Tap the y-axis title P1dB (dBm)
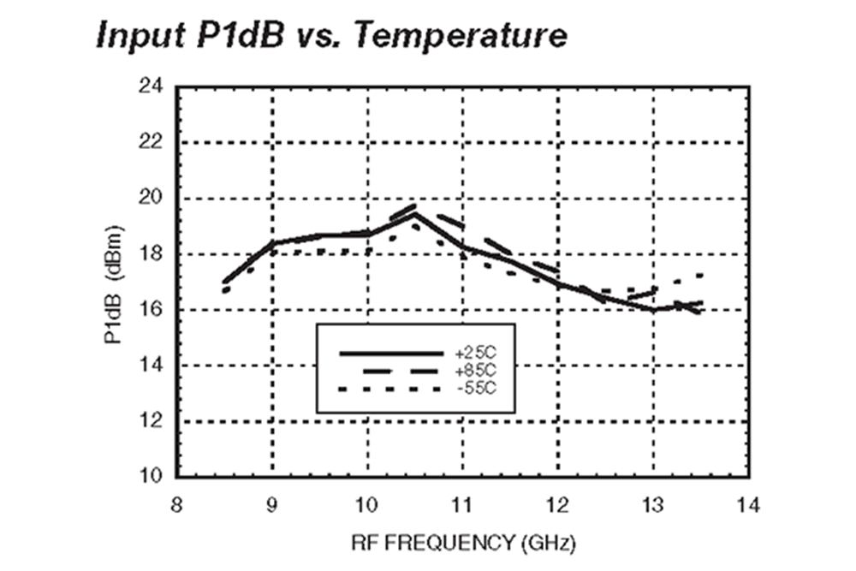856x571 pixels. [114, 283]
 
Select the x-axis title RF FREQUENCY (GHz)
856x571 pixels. [462, 543]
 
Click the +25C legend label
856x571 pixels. [477, 353]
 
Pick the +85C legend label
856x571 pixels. [477, 371]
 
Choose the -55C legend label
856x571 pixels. [477, 390]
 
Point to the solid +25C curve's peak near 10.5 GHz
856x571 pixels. [415, 215]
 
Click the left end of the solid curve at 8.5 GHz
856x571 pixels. [224, 282]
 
